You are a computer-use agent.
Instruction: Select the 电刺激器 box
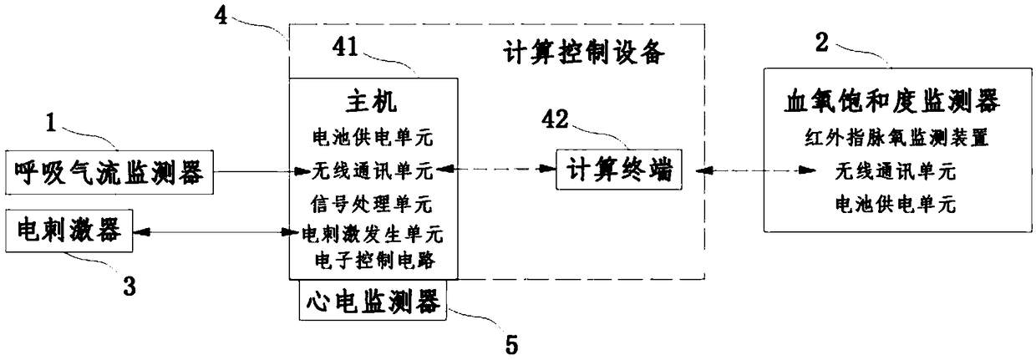click(x=69, y=231)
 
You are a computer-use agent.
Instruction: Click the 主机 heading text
click(x=373, y=103)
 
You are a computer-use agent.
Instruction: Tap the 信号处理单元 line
click(x=373, y=202)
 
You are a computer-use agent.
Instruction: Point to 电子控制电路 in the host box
click(x=373, y=261)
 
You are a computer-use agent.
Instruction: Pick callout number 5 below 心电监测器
click(x=511, y=342)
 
